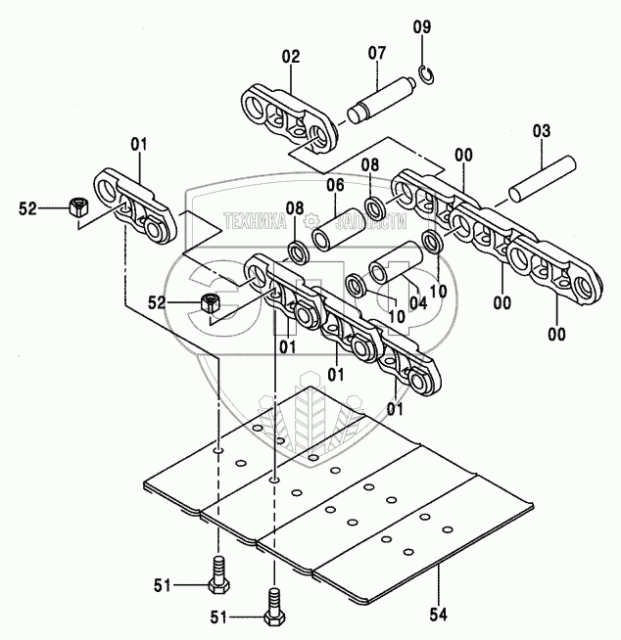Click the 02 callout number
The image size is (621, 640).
pyautogui.click(x=290, y=58)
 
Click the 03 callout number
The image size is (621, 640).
pyautogui.click(x=542, y=130)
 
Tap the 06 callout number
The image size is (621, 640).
pyautogui.click(x=335, y=185)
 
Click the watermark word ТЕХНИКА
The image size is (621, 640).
pyautogui.click(x=262, y=222)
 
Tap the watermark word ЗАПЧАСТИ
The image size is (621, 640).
pyautogui.click(x=350, y=222)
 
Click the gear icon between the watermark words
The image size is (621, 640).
pyautogui.click(x=310, y=221)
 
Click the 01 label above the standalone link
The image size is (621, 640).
pyautogui.click(x=138, y=144)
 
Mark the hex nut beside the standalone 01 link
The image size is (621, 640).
pyautogui.click(x=77, y=206)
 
